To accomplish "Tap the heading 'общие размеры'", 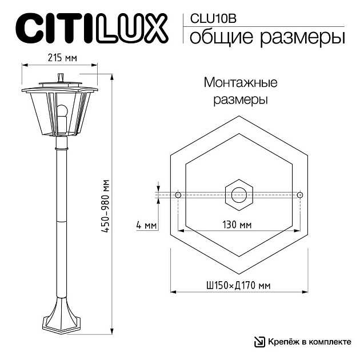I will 266,38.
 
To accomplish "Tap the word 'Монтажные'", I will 241,83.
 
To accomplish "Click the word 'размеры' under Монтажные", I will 241,100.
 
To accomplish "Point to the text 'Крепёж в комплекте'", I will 309,342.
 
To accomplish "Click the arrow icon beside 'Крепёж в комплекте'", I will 259,342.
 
